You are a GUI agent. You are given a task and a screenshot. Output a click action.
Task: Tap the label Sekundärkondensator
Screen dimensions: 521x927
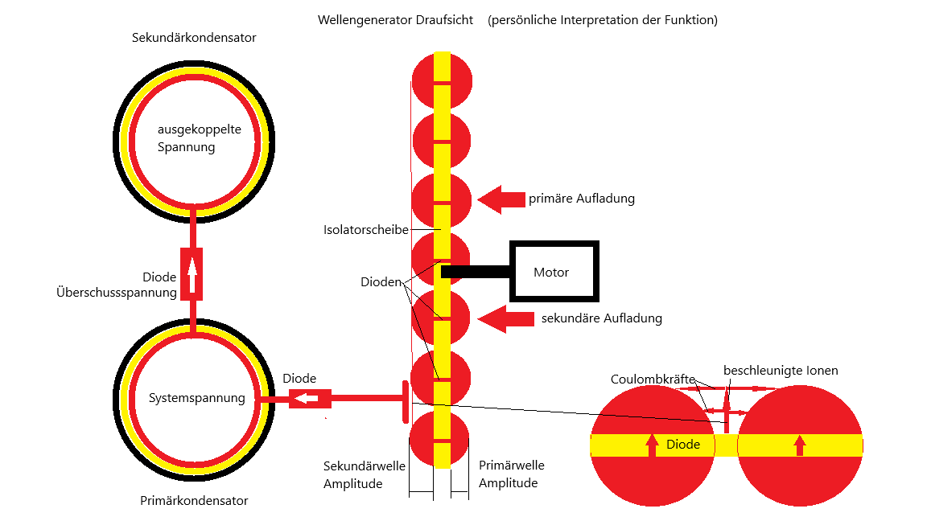point(194,38)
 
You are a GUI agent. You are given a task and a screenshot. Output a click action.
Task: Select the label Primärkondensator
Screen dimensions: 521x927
point(194,501)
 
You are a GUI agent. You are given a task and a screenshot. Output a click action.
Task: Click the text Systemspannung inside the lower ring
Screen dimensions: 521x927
point(197,398)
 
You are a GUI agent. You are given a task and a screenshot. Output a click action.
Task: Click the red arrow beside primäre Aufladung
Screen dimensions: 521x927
point(500,199)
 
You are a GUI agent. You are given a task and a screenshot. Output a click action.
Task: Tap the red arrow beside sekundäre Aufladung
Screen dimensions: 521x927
point(506,318)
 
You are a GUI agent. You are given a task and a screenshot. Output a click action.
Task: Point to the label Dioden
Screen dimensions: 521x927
point(379,283)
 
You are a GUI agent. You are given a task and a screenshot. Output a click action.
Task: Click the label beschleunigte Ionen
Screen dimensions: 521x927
point(781,371)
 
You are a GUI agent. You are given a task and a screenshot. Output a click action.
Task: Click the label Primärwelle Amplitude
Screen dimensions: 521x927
point(511,474)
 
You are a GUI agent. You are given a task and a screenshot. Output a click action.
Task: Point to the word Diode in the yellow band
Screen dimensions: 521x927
point(683,444)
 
